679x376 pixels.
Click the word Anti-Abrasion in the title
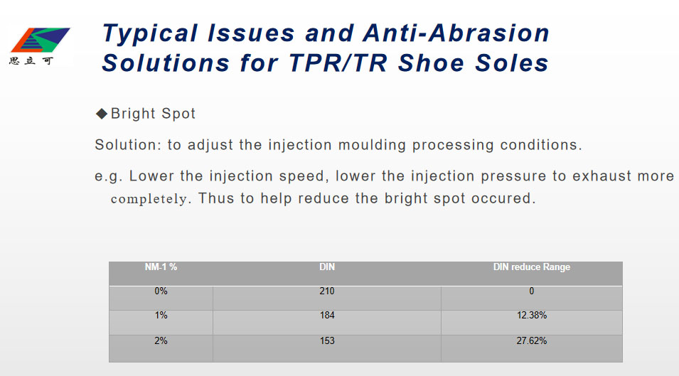pyautogui.click(x=456, y=33)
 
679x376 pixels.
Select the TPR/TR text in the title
pyautogui.click(x=338, y=63)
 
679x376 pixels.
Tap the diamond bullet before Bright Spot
pyautogui.click(x=102, y=114)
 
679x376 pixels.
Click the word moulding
pyautogui.click(x=372, y=145)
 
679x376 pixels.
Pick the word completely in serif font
pyautogui.click(x=149, y=199)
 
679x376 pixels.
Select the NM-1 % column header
pyautogui.click(x=161, y=267)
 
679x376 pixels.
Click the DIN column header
pyautogui.click(x=327, y=267)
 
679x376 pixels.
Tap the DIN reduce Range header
pyautogui.click(x=532, y=267)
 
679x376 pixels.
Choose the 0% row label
pyautogui.click(x=161, y=291)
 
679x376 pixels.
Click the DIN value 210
pyautogui.click(x=327, y=291)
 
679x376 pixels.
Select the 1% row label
pyautogui.click(x=161, y=316)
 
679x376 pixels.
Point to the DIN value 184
pyautogui.click(x=327, y=316)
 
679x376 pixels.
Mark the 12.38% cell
pyautogui.click(x=532, y=316)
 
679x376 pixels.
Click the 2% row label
pyautogui.click(x=161, y=341)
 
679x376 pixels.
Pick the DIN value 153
pyautogui.click(x=327, y=341)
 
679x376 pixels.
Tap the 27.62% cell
pyautogui.click(x=532, y=341)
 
